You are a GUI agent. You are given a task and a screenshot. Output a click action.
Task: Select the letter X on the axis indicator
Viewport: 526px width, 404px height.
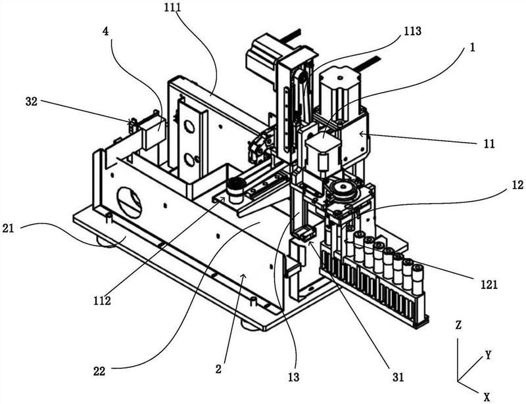pos(487,397)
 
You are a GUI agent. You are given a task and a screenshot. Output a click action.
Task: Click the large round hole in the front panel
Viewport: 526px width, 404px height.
pos(130,202)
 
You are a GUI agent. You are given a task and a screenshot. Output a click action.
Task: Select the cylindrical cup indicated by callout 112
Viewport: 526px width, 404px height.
pos(234,191)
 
